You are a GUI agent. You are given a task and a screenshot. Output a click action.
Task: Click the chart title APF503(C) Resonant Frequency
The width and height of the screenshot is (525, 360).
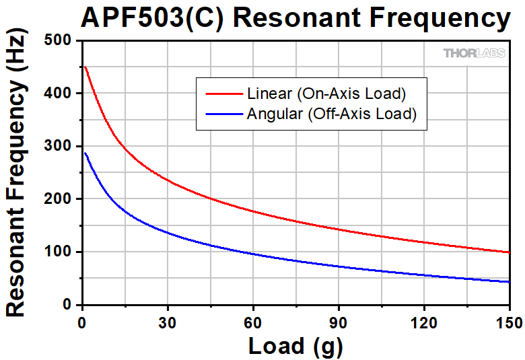click(295, 18)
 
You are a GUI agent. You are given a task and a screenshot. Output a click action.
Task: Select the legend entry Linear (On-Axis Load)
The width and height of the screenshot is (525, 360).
click(326, 92)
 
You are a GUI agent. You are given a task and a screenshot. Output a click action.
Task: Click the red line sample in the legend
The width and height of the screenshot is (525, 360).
click(218, 93)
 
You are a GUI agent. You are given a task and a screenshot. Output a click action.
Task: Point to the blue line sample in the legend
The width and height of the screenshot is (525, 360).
click(218, 114)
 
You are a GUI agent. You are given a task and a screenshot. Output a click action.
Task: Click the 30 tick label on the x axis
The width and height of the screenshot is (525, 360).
click(167, 320)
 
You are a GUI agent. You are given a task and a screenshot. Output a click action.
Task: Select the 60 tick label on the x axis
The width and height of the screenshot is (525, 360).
click(252, 320)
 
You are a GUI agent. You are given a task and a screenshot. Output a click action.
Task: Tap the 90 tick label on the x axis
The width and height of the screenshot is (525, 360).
click(338, 320)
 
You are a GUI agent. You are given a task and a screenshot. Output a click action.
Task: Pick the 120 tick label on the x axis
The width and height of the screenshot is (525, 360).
click(423, 320)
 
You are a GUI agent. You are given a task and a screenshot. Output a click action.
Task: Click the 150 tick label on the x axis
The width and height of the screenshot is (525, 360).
click(508, 320)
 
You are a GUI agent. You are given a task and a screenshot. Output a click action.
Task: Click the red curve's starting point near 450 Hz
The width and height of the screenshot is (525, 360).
click(85, 67)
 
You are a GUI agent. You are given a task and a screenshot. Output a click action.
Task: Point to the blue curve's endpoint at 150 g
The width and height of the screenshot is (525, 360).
click(509, 282)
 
